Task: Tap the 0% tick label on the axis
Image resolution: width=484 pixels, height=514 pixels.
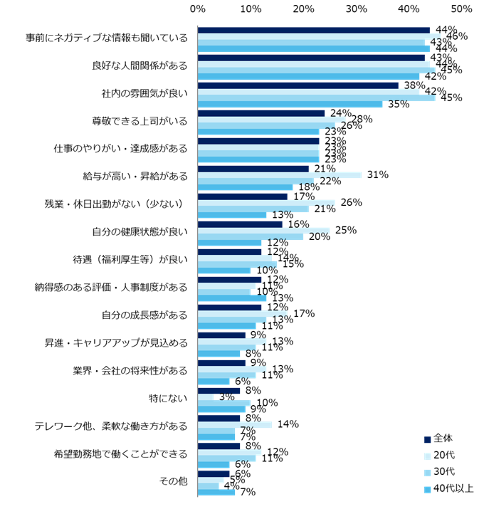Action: (198, 9)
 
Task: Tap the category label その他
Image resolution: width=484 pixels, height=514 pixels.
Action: (174, 481)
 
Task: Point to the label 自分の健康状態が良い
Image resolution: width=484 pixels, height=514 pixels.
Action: (140, 231)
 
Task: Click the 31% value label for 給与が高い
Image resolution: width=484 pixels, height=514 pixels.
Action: (377, 175)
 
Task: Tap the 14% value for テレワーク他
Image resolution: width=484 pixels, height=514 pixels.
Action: (288, 425)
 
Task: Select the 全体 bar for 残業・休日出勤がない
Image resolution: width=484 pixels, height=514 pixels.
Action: (243, 196)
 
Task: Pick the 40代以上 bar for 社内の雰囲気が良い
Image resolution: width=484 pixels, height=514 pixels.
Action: (290, 104)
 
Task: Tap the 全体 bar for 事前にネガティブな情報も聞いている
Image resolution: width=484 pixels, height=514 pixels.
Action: (313, 30)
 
